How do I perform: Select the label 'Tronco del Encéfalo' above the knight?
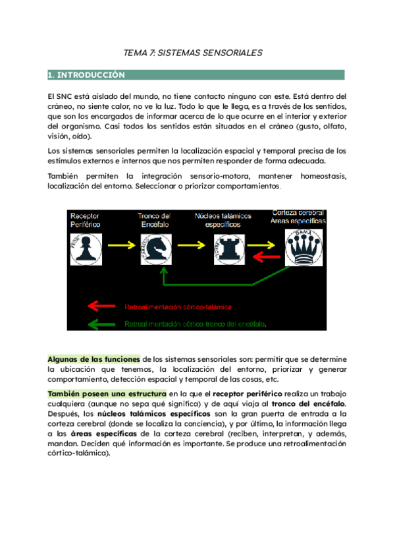click(x=155, y=221)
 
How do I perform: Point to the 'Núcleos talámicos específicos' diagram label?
click(x=221, y=220)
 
